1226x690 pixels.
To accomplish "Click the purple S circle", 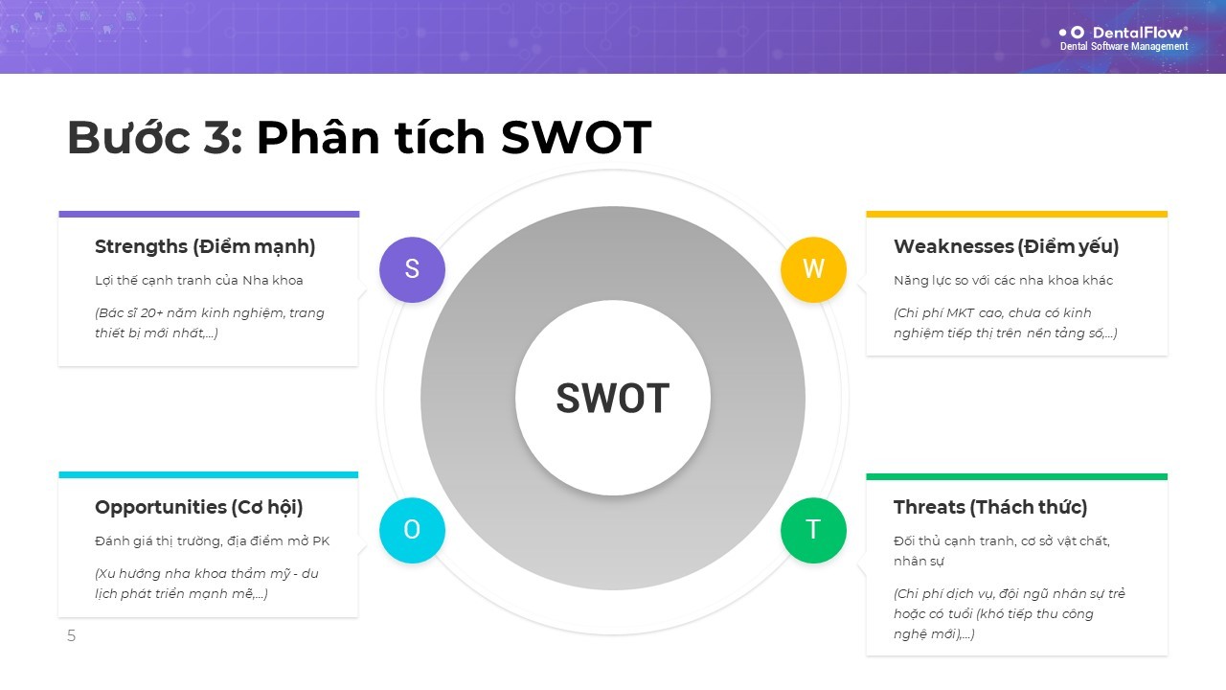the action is pos(412,269).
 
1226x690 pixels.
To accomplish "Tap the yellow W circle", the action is pos(813,269).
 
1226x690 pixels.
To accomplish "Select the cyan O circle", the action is pos(412,530).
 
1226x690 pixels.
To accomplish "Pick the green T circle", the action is pos(813,530).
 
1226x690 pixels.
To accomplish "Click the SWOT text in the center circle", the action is pos(613,398).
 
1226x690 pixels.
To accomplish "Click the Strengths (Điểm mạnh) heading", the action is pos(205,247).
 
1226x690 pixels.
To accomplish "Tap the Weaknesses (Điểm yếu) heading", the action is pos(1006,247).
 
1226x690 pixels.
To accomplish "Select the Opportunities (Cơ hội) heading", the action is pos(198,508).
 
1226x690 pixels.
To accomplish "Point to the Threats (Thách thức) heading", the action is pos(990,508).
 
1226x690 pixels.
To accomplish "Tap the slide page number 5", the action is pos(71,635).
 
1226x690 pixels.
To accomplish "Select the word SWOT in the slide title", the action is pos(576,137).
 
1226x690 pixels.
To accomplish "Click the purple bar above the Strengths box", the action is pos(209,214).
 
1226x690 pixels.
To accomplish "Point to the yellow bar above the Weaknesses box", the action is pos(1017,214).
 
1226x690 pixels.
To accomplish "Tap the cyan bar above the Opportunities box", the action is pos(209,474).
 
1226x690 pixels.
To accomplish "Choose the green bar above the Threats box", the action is pos(1017,476).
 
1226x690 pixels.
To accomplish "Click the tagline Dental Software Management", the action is pos(1124,47).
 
